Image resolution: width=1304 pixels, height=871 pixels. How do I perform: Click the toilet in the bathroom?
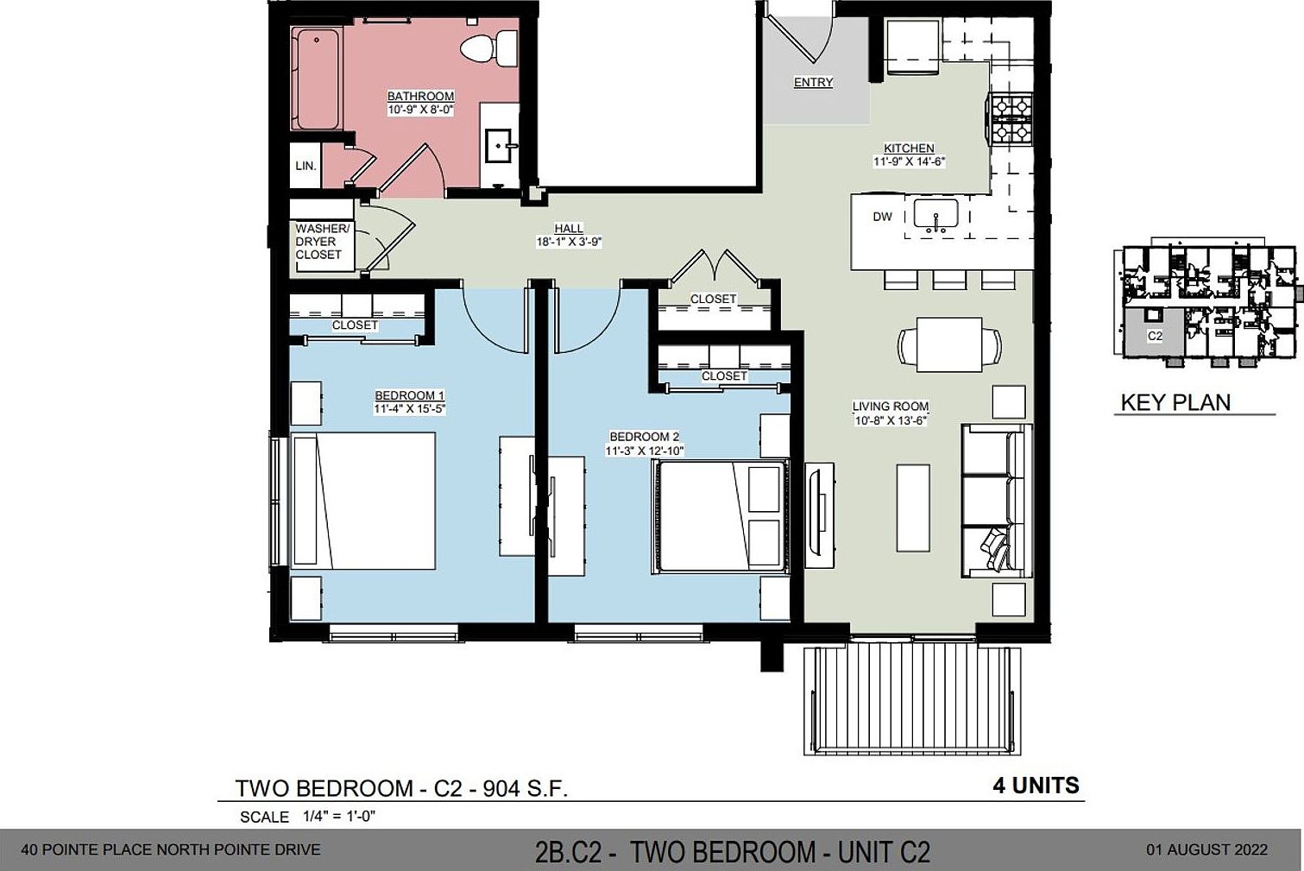click(478, 48)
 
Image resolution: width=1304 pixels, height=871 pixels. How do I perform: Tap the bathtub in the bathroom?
click(317, 79)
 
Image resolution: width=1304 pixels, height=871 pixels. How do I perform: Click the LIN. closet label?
click(306, 166)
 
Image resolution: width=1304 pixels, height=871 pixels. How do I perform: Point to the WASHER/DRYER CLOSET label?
click(321, 242)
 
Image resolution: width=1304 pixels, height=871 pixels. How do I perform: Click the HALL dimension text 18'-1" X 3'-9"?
click(568, 243)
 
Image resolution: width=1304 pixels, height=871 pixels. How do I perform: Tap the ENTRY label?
click(813, 82)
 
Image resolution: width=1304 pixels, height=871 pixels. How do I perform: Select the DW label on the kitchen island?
click(882, 217)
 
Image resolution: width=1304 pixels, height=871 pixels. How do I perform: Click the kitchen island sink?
click(935, 213)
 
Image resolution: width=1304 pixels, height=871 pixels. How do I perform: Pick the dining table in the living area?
click(949, 344)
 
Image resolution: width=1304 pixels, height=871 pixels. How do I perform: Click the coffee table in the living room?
click(913, 508)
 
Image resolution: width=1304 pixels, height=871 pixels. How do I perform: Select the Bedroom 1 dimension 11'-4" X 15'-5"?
click(409, 409)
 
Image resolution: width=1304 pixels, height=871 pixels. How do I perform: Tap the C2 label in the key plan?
click(1155, 336)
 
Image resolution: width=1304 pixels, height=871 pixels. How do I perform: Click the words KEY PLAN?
click(1175, 402)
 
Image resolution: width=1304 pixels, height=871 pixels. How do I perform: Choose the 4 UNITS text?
click(1036, 786)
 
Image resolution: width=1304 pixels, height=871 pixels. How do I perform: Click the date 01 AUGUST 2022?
click(1206, 849)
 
